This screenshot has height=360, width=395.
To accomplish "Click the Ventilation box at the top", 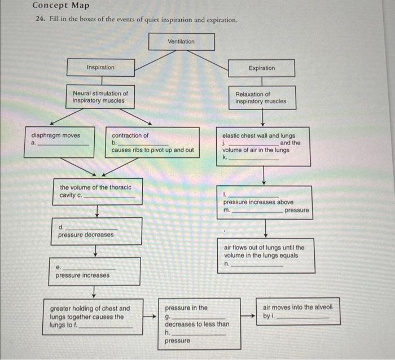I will pyautogui.click(x=181, y=42).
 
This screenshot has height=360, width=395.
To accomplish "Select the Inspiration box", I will pyautogui.click(x=100, y=68).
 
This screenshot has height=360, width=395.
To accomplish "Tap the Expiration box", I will pyautogui.click(x=262, y=68).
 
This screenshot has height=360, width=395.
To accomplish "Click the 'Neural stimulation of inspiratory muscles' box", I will pyautogui.click(x=100, y=97).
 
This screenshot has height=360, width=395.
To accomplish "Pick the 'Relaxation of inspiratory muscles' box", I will pyautogui.click(x=261, y=98).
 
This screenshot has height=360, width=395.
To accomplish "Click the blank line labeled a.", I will pyautogui.click(x=63, y=144).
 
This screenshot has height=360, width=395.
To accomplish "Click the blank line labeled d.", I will pyautogui.click(x=91, y=229).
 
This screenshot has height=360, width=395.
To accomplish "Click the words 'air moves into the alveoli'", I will pyautogui.click(x=298, y=308).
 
